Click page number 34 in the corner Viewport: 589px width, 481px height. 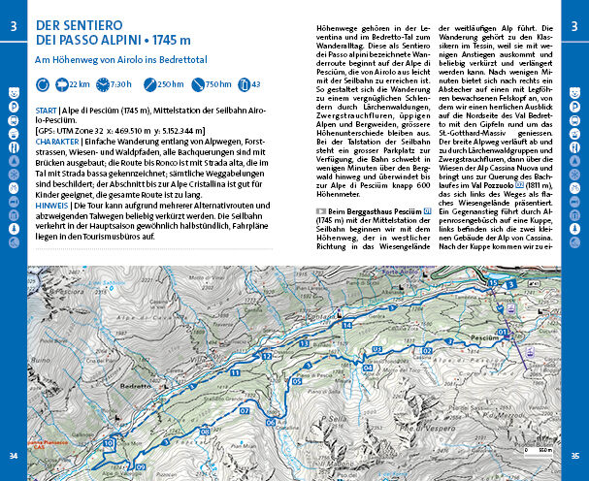coord(14,456)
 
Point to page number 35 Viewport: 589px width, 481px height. coord(575,456)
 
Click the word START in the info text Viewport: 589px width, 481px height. coord(47,111)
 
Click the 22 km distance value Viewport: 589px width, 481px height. coord(80,85)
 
